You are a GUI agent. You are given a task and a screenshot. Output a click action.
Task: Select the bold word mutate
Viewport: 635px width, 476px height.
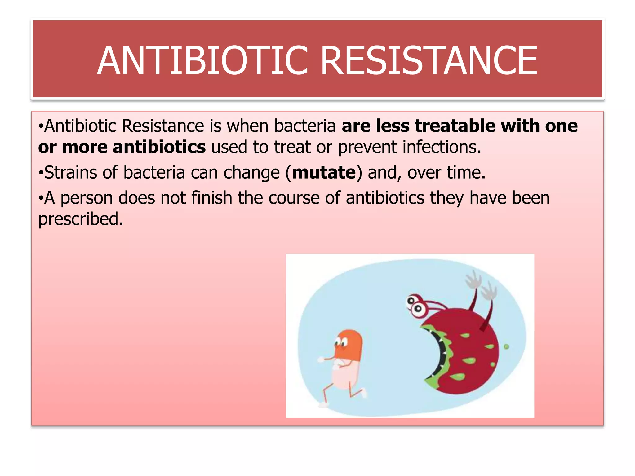pyautogui.click(x=324, y=172)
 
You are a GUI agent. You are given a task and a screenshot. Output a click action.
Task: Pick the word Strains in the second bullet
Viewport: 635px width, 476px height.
pyautogui.click(x=71, y=172)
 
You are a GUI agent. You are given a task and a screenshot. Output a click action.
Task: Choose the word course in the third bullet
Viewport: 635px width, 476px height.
pyautogui.click(x=294, y=198)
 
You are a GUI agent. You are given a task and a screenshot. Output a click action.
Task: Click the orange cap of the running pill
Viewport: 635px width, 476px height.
pyautogui.click(x=349, y=344)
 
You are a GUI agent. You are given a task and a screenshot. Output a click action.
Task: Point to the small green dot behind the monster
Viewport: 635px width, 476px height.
pyautogui.click(x=506, y=346)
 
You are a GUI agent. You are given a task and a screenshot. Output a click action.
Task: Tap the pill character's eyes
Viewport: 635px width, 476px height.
pyautogui.click(x=341, y=342)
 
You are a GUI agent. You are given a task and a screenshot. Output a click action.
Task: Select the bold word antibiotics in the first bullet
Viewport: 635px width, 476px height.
pyautogui.click(x=159, y=147)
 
